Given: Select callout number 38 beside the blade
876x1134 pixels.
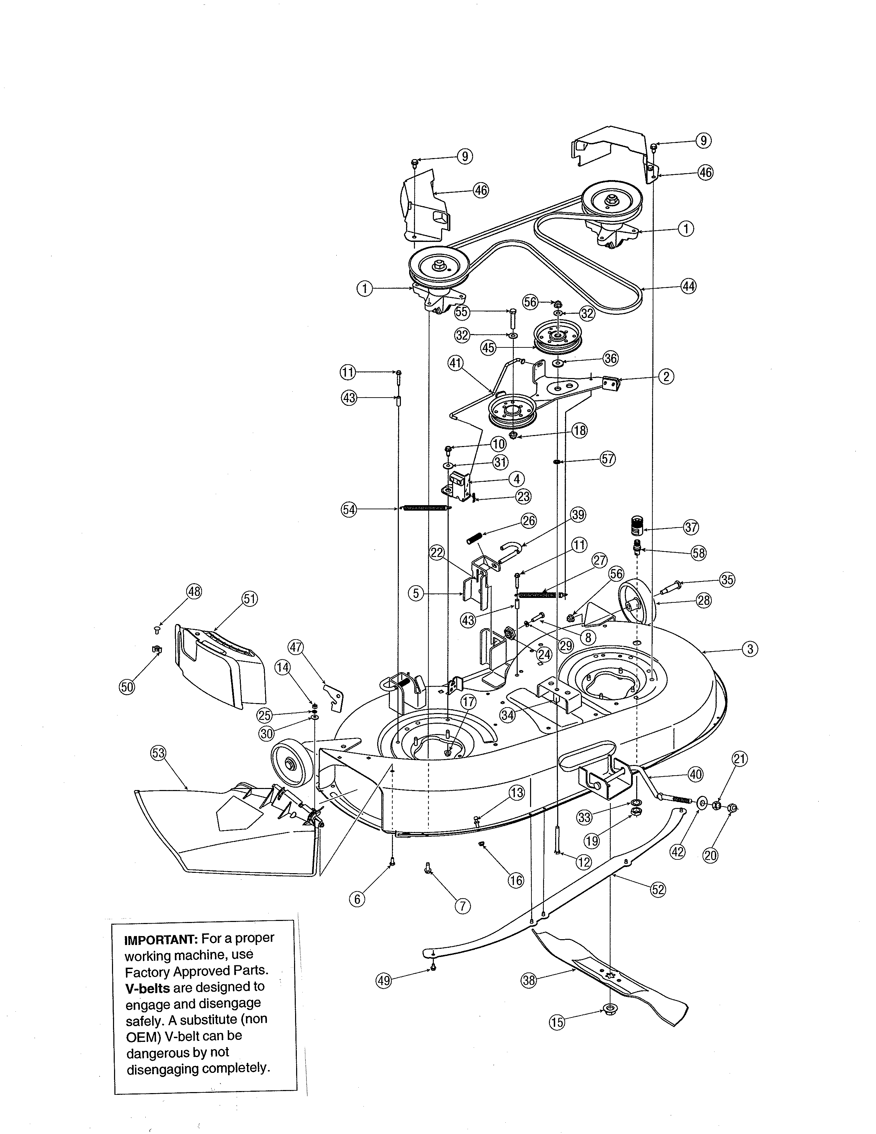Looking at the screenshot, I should click(x=528, y=980).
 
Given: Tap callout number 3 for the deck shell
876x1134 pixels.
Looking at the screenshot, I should click(x=749, y=648).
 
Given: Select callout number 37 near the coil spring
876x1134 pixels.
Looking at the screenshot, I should click(x=691, y=527).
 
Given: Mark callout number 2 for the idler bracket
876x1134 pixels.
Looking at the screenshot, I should click(x=666, y=376).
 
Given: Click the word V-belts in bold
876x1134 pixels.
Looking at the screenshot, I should click(x=147, y=987).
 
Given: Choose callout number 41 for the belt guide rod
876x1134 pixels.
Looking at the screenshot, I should click(x=455, y=364).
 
